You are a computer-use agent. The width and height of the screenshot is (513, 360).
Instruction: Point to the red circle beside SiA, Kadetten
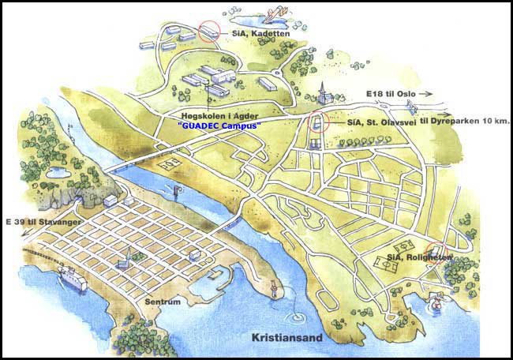point(210,31)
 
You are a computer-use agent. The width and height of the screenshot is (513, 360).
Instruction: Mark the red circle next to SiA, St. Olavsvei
point(318,122)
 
